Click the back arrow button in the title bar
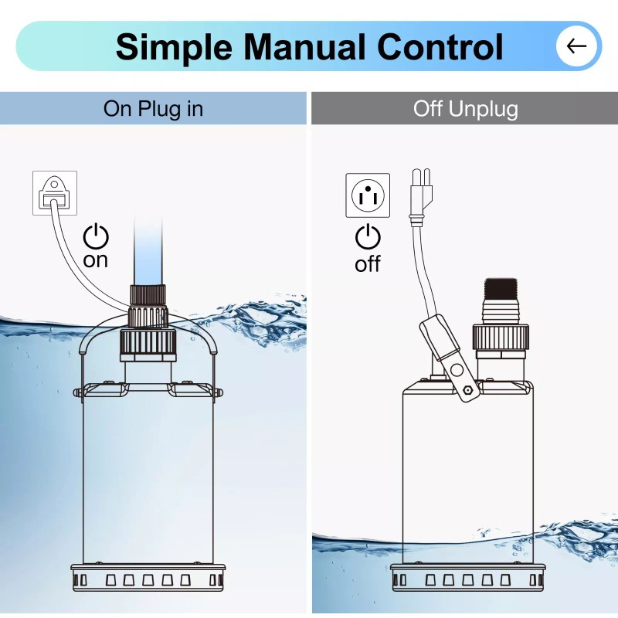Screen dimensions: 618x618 tap(576, 46)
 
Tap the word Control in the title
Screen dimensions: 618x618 tap(440, 46)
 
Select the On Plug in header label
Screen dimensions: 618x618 tap(153, 109)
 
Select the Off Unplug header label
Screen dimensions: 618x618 tap(465, 109)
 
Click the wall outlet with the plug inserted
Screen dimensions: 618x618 tap(54, 192)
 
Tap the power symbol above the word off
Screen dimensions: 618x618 tap(368, 237)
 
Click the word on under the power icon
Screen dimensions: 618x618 tap(96, 260)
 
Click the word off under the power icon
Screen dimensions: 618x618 tap(368, 264)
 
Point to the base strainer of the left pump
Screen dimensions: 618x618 tap(147, 577)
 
